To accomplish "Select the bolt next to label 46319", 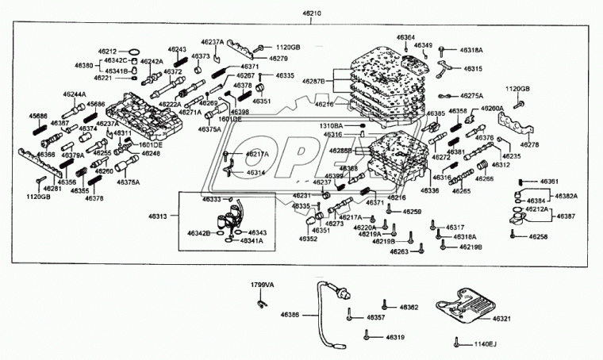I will [367, 337].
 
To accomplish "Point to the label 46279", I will [278, 59].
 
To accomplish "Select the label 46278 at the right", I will [530, 146].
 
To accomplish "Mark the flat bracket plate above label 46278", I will [514, 126].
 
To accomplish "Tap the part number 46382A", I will [566, 196].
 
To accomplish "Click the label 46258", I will [539, 237].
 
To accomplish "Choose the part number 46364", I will [405, 37].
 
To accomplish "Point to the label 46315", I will [473, 69].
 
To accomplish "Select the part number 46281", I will [52, 188].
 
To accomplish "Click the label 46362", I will [409, 307].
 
